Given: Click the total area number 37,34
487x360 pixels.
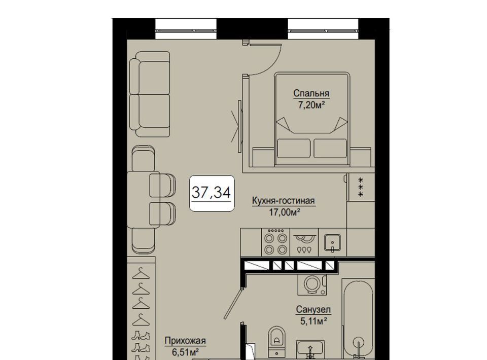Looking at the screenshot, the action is point(211,192).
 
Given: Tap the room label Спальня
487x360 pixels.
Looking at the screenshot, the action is point(311,93).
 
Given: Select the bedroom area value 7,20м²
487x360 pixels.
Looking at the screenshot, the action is point(311,105).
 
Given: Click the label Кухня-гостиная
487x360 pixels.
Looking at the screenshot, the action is point(283,201).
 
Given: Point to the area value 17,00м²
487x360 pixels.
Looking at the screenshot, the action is point(284,212).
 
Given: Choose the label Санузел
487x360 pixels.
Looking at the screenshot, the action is point(313,309).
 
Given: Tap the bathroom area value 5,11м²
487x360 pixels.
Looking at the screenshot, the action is point(314,321).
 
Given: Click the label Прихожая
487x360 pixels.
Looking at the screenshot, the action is point(185,341).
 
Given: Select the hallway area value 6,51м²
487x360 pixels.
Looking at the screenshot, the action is point(186,352).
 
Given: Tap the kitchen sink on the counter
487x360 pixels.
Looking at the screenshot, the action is point(332,242).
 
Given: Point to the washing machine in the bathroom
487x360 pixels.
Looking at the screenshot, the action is point(312,284).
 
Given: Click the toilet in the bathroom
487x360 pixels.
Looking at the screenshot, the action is point(276,340).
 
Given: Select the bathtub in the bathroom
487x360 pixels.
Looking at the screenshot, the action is point(359,319).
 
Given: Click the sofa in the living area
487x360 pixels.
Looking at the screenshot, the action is point(150,94).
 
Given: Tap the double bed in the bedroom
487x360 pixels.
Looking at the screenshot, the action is point(312,119).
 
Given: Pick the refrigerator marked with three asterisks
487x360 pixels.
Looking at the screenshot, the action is point(361,187).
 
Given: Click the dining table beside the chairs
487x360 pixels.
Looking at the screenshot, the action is point(143,200).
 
